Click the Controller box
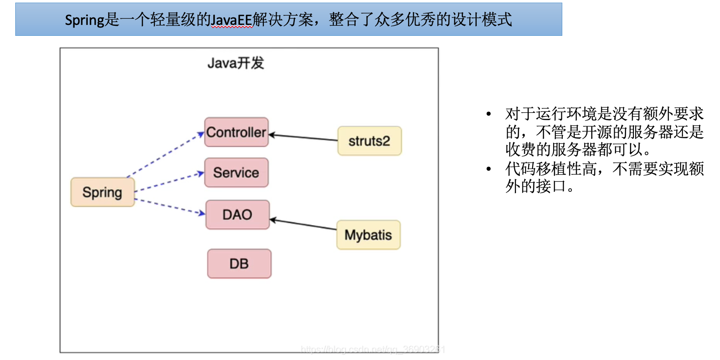pyautogui.click(x=236, y=132)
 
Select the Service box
pyautogui.click(x=236, y=173)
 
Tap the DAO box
pyautogui.click(x=237, y=215)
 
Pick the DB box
pyautogui.click(x=239, y=263)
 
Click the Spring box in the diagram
pyautogui.click(x=102, y=192)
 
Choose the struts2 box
pyautogui.click(x=369, y=141)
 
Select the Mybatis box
pyautogui.click(x=368, y=235)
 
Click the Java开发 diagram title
pyautogui.click(x=235, y=63)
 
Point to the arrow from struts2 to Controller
pyautogui.click(x=303, y=138)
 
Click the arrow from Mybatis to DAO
pyautogui.click(x=303, y=224)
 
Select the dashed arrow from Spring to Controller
pyautogui.click(x=166, y=155)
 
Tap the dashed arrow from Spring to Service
pyautogui.click(x=170, y=182)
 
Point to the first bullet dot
pyautogui.click(x=488, y=114)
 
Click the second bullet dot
pyautogui.click(x=488, y=169)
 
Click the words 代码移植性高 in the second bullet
pyautogui.click(x=550, y=169)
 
